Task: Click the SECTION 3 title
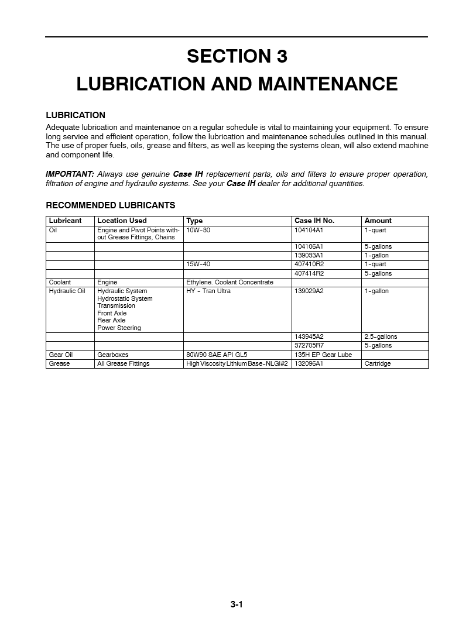point(237,56)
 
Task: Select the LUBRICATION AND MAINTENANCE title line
point(237,84)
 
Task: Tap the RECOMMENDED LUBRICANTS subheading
point(111,205)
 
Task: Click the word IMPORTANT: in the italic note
point(70,174)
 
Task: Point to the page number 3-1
point(237,604)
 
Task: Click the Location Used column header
point(122,221)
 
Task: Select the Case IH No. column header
point(314,221)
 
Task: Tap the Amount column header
point(378,221)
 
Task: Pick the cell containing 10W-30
point(198,230)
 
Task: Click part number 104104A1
point(309,230)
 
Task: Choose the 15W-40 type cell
point(198,264)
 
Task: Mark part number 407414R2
point(309,273)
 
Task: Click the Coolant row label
point(60,282)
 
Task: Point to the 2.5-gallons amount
point(381,336)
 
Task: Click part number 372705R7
point(309,345)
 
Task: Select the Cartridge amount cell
point(377,363)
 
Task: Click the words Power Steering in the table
point(119,328)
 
